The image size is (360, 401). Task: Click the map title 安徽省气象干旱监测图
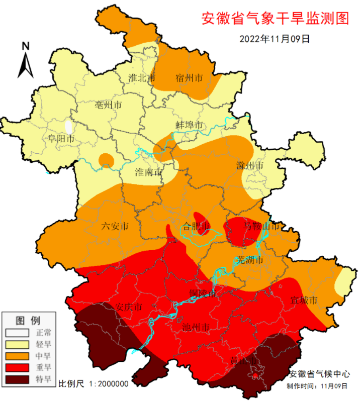pos(275,19)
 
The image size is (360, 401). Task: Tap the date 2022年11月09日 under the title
pos(275,38)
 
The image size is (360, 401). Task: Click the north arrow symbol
pos(26,61)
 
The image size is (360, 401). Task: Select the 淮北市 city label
pos(142,78)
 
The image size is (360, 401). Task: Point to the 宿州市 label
pos(189,78)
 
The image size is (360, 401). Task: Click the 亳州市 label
pos(109,106)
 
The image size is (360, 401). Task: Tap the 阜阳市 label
pos(61,138)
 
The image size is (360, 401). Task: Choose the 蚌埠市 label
pos(189,125)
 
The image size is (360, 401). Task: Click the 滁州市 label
pos(249,165)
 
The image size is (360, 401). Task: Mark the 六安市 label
pos(115,226)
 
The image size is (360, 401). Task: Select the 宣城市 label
pos(304,300)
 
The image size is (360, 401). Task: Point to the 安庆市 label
pos(129,307)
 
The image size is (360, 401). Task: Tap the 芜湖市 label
pos(250,260)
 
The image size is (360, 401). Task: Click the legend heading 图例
pos(28,320)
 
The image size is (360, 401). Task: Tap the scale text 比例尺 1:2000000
pos(94,384)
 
